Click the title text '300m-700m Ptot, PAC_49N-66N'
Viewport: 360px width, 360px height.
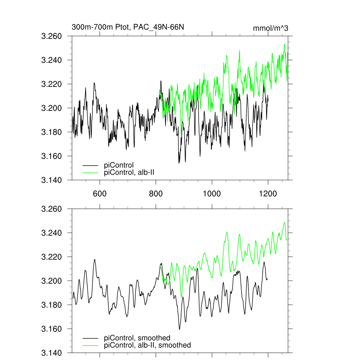click(x=128, y=27)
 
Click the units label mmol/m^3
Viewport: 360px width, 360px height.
click(x=270, y=28)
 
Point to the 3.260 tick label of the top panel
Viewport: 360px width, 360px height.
click(x=52, y=36)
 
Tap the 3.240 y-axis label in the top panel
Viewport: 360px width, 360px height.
click(x=52, y=60)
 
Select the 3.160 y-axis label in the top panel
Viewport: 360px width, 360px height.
click(x=52, y=156)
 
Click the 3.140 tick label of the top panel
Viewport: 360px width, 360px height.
click(x=52, y=180)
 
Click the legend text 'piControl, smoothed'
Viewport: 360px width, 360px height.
click(x=137, y=338)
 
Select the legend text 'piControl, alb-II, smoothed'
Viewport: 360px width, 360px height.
click(x=148, y=345)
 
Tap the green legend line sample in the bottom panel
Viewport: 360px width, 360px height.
click(x=90, y=346)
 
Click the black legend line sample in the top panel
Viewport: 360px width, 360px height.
click(x=90, y=165)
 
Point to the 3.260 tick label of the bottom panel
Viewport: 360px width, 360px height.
click(x=52, y=209)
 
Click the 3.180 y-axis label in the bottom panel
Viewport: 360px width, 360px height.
click(x=52, y=305)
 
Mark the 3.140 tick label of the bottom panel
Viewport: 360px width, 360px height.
click(x=52, y=353)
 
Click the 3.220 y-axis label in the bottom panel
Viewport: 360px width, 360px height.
click(x=52, y=257)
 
